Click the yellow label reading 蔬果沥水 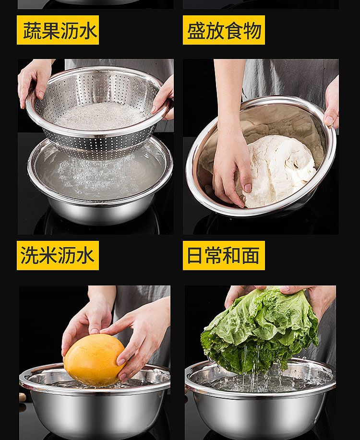[58, 30]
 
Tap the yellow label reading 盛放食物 [224, 30]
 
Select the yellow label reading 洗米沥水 [58, 255]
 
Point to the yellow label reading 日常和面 [224, 255]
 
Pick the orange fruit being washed [94, 360]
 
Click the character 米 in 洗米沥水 [48, 255]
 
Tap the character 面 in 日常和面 [251, 255]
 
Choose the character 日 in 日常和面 [195, 255]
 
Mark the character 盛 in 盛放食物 [196, 30]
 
